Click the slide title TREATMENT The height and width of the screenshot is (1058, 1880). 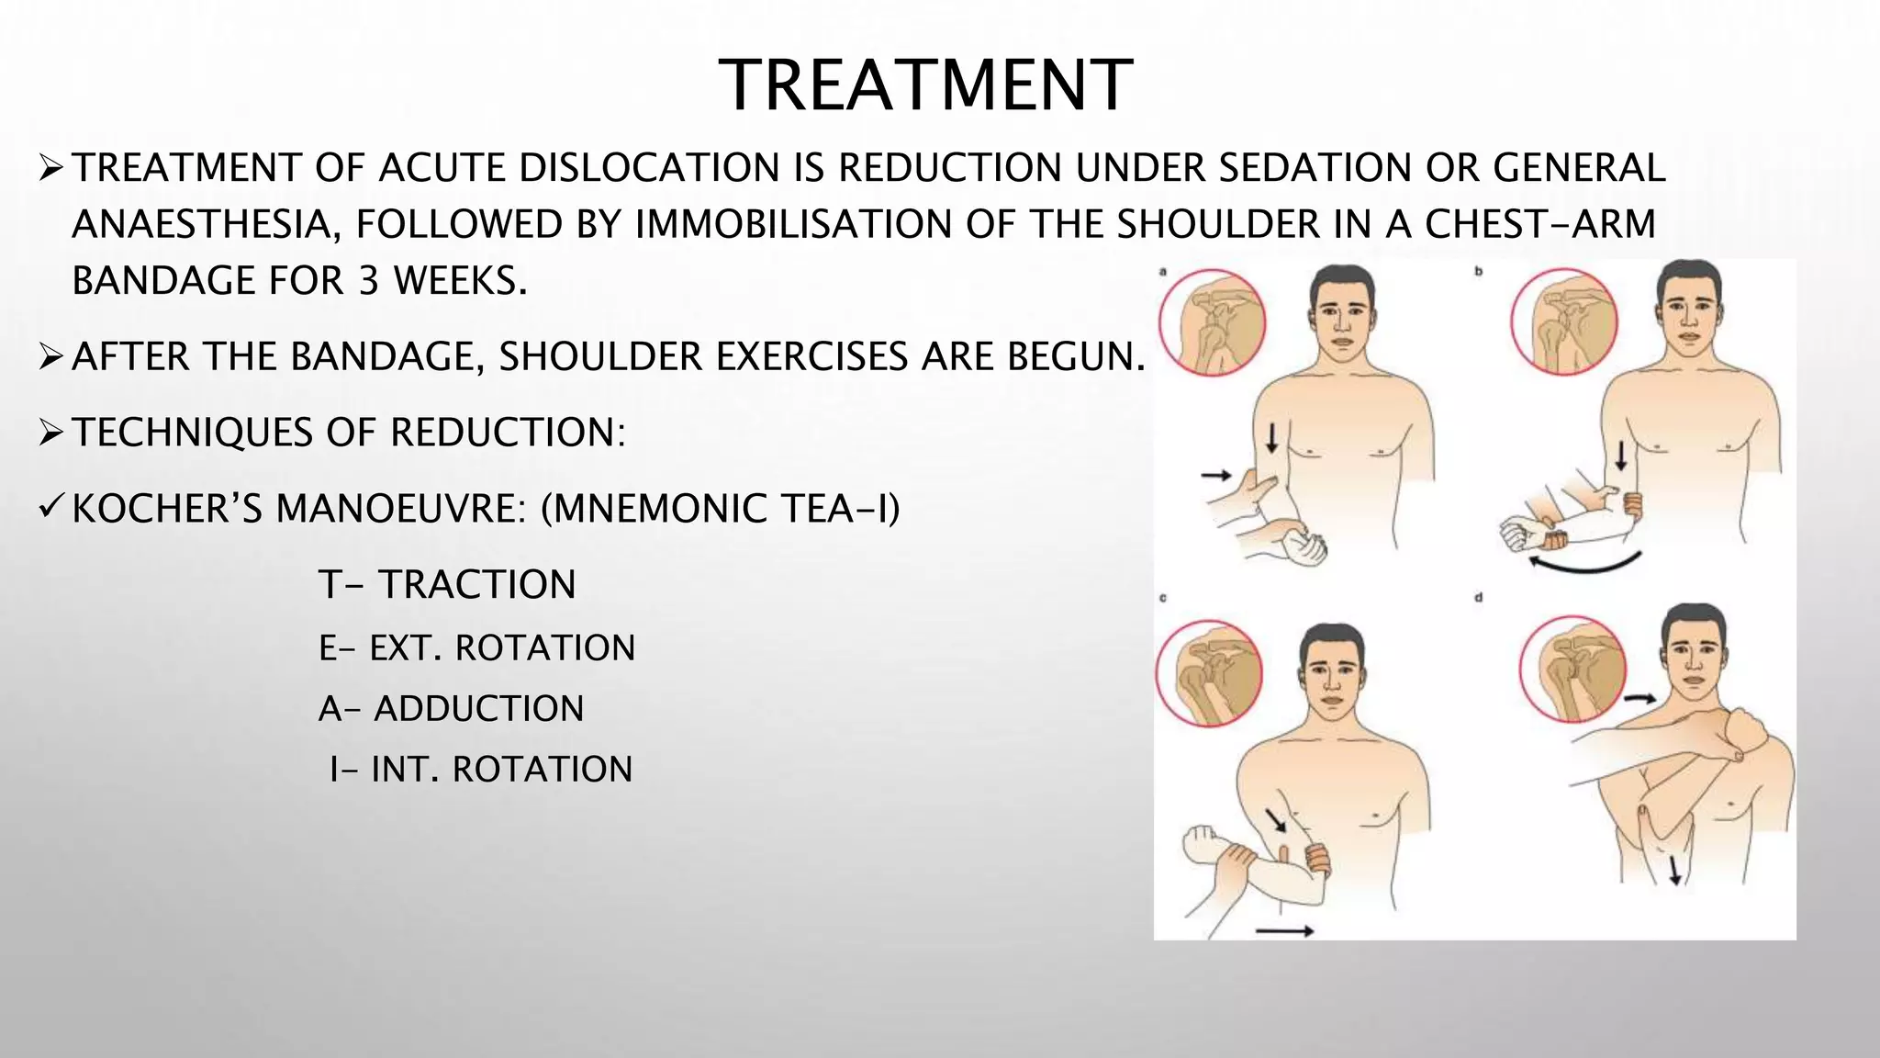[x=925, y=85]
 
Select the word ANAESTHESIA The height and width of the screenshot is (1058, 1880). [x=200, y=225]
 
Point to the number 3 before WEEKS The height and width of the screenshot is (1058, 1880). [x=367, y=281]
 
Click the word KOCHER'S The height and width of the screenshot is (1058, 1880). [x=167, y=509]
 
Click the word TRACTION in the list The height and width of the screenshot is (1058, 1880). [x=477, y=585]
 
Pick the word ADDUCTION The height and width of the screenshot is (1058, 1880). [x=478, y=709]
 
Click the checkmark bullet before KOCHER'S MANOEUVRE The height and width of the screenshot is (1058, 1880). [x=50, y=507]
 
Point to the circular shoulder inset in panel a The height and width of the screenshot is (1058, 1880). [x=1212, y=321]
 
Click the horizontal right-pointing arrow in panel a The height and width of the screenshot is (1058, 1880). [x=1217, y=475]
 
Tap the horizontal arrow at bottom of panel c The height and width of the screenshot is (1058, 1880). [x=1284, y=931]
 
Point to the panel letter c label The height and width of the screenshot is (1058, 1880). [x=1163, y=598]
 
